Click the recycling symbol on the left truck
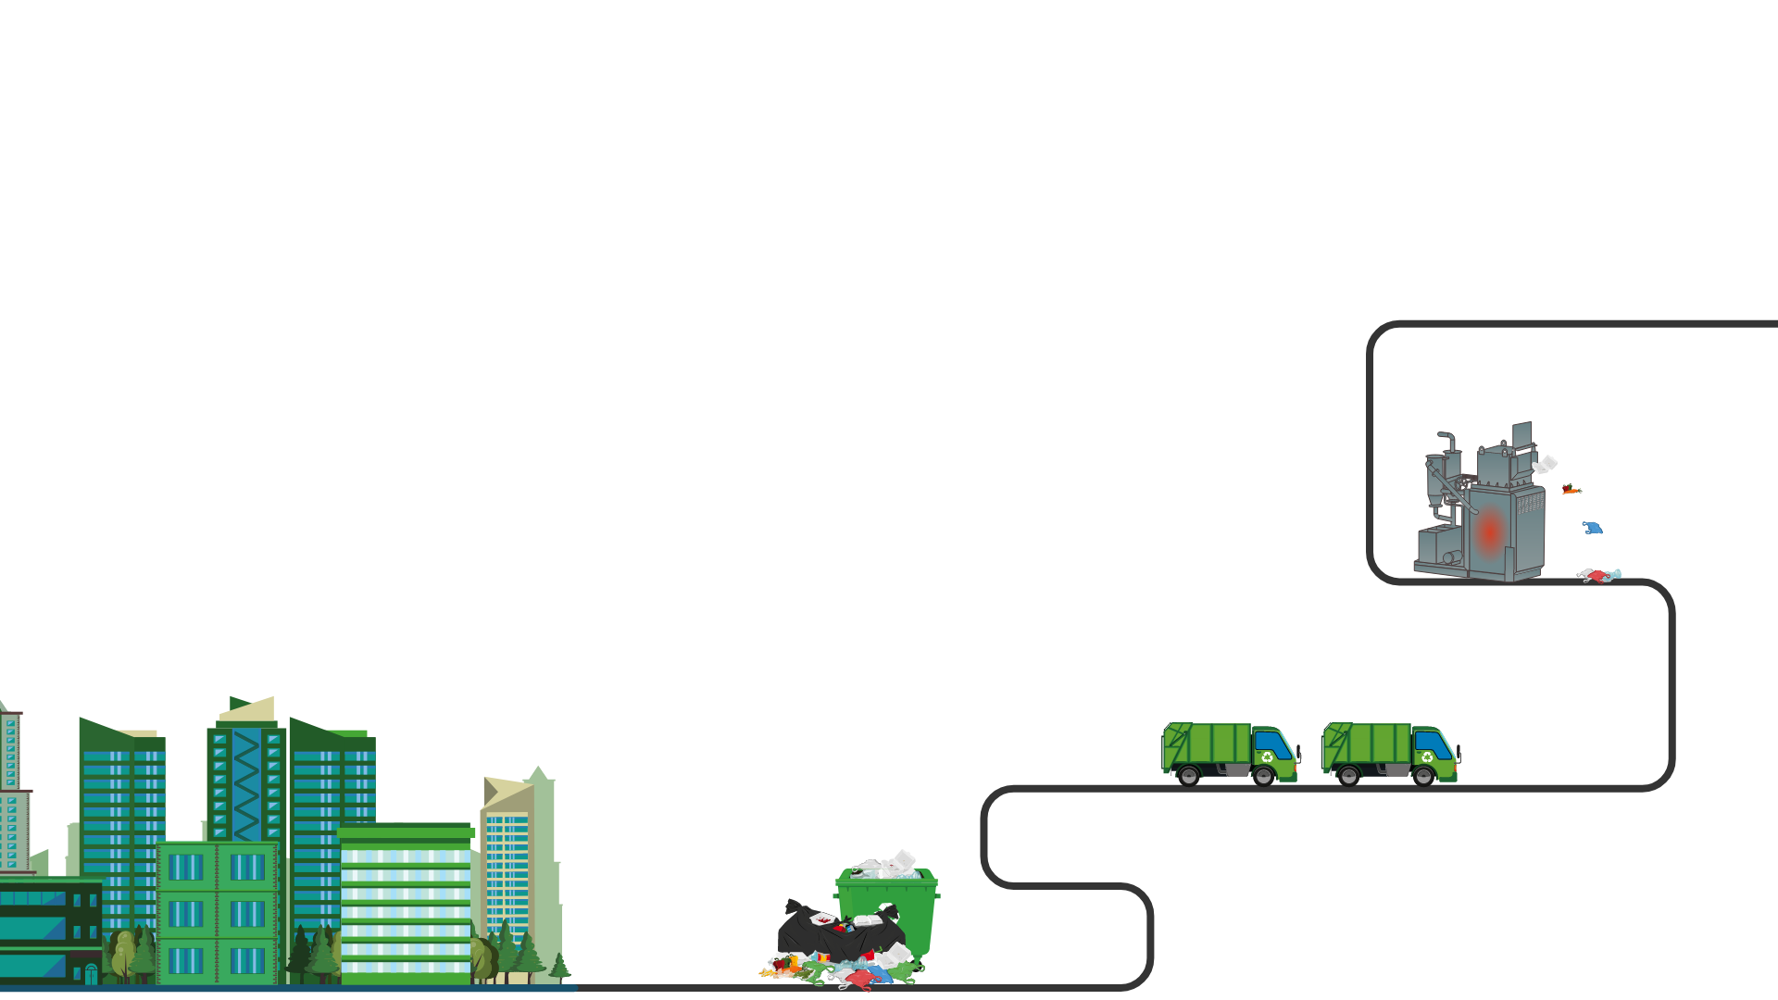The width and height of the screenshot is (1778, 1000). [x=1268, y=757]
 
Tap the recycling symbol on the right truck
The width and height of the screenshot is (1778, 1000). [x=1427, y=757]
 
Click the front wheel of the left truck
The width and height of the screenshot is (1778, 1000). [x=1263, y=776]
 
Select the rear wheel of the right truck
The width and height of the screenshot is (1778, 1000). [x=1349, y=776]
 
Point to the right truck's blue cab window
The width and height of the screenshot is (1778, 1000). [x=1434, y=744]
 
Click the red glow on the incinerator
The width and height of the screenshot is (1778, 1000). [x=1490, y=532]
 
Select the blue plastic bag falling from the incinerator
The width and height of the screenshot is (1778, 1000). [x=1592, y=528]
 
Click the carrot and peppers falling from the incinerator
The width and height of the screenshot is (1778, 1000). [x=1571, y=489]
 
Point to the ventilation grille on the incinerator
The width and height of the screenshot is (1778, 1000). [x=1530, y=506]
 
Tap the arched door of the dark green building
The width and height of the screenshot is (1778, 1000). [x=91, y=974]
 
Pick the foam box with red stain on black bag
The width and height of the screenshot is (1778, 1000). [x=822, y=918]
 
